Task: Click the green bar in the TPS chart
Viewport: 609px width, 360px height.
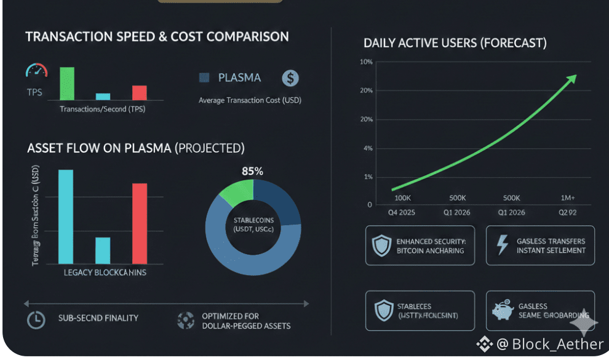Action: coord(67,83)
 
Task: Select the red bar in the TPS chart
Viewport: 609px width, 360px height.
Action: coord(140,92)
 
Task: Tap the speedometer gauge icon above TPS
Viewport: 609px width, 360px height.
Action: coord(36,72)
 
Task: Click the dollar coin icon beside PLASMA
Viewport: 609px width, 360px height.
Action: coord(290,78)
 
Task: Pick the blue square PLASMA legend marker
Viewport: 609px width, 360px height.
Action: coord(204,78)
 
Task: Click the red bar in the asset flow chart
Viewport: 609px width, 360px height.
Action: coord(140,223)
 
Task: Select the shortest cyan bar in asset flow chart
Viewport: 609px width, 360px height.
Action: coord(103,250)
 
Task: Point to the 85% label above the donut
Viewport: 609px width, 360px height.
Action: coord(252,172)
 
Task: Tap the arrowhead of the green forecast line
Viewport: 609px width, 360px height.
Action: coord(572,78)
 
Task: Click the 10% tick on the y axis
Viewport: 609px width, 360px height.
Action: coord(366,62)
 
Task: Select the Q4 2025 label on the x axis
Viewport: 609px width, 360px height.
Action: coord(402,213)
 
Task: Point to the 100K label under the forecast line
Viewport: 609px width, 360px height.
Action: coord(402,198)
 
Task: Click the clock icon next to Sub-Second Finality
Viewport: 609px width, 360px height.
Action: coord(36,320)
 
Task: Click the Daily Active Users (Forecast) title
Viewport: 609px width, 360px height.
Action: coord(455,43)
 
